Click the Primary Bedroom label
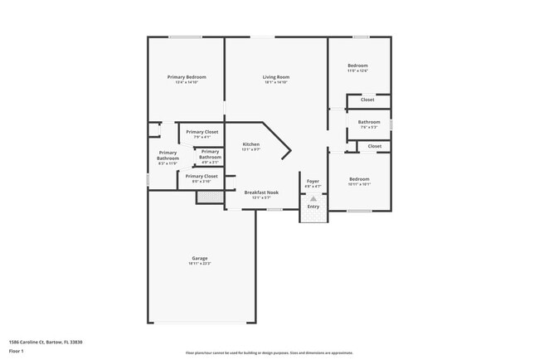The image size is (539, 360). (186, 77)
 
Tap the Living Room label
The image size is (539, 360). (275, 77)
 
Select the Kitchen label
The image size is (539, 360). (250, 144)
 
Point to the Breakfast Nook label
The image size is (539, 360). (260, 192)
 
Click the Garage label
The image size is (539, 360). (199, 258)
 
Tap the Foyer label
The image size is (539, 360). (313, 180)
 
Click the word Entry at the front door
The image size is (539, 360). (313, 207)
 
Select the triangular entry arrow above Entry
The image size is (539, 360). (313, 199)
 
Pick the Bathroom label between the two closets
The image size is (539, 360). (369, 122)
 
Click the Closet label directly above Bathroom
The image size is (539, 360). (367, 100)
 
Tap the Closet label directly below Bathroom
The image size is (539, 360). (375, 146)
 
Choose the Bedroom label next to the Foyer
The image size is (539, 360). (359, 179)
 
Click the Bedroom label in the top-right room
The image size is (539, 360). (357, 66)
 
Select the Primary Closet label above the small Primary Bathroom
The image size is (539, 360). (202, 132)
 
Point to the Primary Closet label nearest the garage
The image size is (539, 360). (201, 176)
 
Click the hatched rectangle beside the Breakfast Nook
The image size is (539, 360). (207, 197)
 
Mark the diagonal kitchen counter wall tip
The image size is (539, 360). (290, 151)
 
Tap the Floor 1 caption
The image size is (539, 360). (17, 352)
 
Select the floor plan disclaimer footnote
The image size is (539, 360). (269, 353)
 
